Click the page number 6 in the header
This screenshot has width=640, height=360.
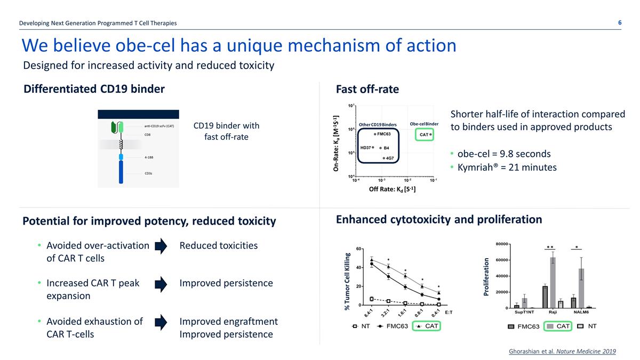point(620,22)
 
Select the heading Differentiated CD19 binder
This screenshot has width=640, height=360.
point(94,89)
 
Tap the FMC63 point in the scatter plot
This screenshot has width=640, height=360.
point(375,134)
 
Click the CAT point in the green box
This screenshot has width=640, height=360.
point(430,134)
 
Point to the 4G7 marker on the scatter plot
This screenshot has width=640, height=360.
point(383,158)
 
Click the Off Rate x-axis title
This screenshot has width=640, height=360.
point(392,189)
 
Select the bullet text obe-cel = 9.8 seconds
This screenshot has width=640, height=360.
point(504,154)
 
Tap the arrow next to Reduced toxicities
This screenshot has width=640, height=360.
point(161,246)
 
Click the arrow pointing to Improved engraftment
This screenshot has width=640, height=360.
point(161,322)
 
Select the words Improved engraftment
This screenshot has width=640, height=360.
point(228,321)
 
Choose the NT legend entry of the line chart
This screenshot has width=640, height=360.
point(361,326)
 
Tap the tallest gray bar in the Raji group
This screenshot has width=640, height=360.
point(553,282)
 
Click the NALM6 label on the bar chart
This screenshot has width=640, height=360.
point(582,313)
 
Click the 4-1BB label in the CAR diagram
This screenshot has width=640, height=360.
point(150,157)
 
